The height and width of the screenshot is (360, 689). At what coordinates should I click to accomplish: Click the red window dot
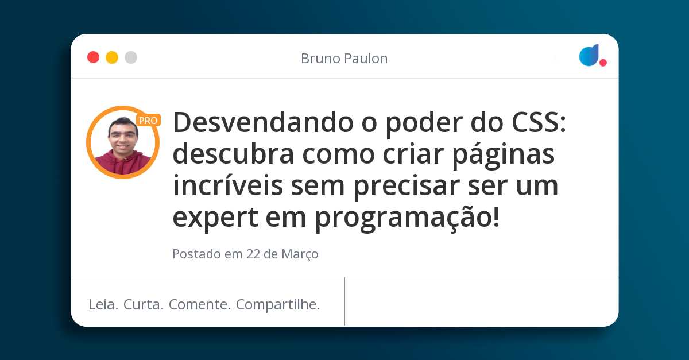[93, 57]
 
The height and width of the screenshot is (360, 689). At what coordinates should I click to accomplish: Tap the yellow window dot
[112, 57]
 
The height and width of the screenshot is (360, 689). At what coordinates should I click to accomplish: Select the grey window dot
[131, 57]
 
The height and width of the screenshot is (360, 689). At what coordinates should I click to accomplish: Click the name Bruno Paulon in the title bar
[344, 59]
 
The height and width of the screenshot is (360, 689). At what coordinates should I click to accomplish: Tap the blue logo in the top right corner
[589, 55]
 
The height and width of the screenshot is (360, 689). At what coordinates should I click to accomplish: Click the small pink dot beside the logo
[603, 63]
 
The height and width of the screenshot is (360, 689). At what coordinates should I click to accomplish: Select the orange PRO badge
[148, 121]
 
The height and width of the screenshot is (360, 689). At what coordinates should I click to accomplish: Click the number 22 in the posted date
[253, 254]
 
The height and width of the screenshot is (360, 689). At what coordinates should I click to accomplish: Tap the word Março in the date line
[300, 254]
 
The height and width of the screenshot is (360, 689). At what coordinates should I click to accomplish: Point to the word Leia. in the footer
[103, 304]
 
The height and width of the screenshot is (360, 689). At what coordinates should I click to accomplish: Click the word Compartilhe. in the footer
[278, 304]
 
